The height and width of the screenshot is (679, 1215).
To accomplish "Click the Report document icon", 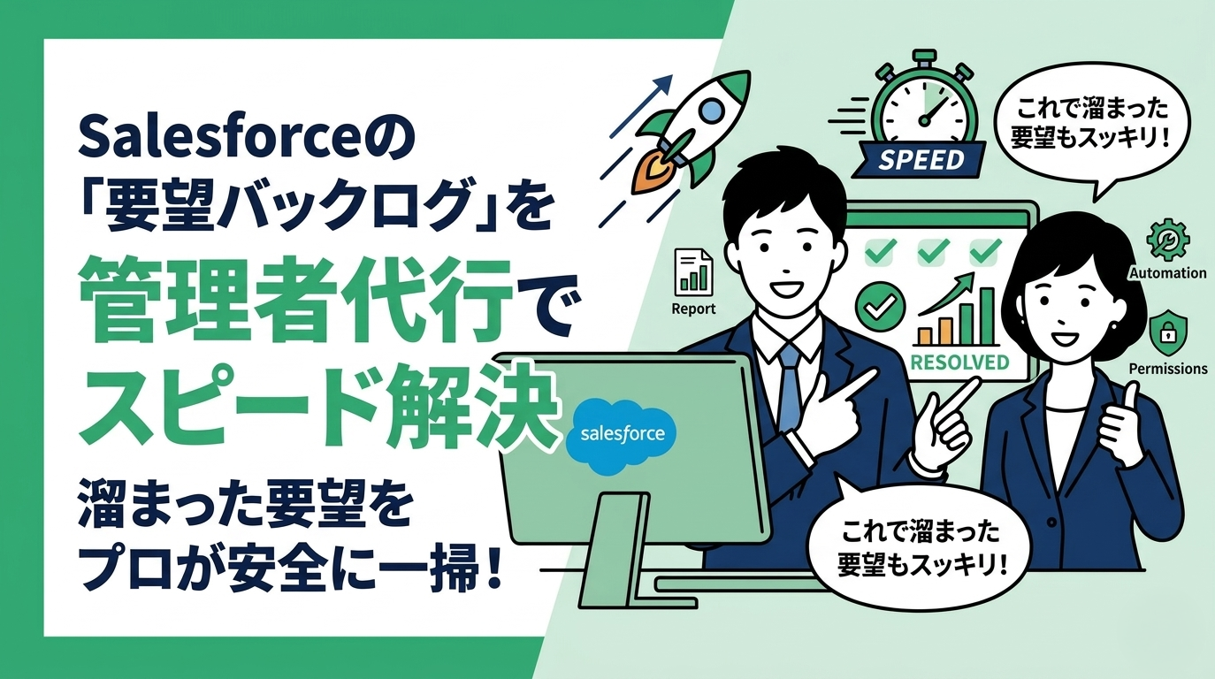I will tap(692, 271).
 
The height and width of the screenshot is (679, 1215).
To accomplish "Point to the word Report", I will tap(693, 309).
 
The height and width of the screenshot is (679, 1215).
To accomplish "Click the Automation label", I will tap(1167, 273).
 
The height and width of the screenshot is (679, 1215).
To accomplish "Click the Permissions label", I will tap(1168, 368).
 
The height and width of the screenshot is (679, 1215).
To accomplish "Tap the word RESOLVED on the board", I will tap(959, 361).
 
